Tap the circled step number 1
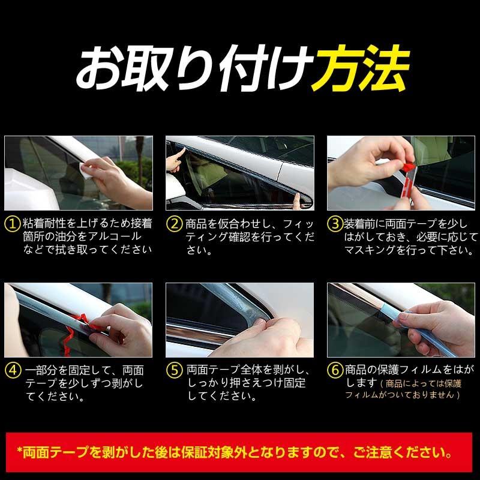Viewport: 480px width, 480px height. click(13, 224)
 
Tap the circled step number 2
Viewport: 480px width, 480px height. click(174, 224)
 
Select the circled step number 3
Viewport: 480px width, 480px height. click(335, 224)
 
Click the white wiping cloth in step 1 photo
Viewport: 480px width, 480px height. click(90, 169)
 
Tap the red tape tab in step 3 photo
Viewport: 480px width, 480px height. click(407, 165)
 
